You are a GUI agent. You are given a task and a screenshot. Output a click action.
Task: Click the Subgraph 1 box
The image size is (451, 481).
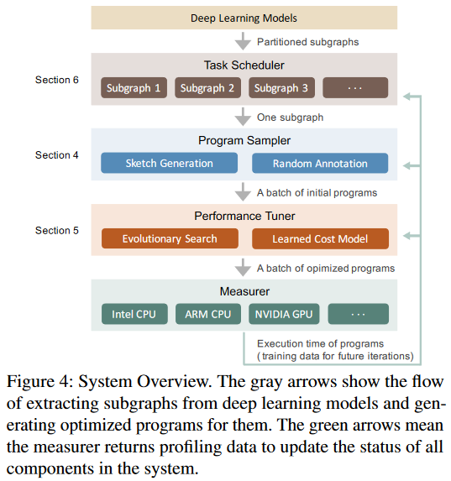click(x=134, y=88)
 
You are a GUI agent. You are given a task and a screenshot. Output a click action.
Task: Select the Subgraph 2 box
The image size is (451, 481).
click(x=207, y=88)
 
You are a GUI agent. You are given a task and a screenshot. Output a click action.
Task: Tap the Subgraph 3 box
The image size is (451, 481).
click(x=281, y=88)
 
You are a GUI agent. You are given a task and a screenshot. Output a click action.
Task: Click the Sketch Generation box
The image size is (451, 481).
click(x=169, y=163)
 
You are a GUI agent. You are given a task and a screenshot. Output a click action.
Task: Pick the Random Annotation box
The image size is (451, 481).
click(x=320, y=163)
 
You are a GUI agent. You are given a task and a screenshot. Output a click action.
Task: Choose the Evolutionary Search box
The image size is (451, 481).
click(x=170, y=238)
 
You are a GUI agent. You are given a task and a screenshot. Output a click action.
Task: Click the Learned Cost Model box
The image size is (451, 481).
click(x=320, y=238)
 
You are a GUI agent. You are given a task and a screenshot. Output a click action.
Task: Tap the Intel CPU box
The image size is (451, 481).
click(x=134, y=314)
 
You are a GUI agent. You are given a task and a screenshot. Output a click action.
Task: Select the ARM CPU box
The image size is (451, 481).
click(x=208, y=314)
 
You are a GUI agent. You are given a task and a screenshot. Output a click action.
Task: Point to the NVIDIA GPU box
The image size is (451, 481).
click(x=284, y=314)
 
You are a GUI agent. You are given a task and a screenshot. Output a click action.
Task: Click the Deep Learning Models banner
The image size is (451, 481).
click(x=244, y=18)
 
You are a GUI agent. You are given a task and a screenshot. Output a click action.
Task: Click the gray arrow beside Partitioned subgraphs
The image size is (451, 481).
click(x=244, y=41)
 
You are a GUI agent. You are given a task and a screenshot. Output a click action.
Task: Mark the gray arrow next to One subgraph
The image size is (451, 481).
click(x=244, y=116)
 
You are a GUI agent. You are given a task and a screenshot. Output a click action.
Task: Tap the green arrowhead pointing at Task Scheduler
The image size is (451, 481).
click(x=407, y=97)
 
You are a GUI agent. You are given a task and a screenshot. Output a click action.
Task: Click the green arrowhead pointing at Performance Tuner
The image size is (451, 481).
click(x=407, y=236)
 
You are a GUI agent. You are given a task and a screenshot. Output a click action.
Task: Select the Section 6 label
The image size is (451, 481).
click(x=57, y=80)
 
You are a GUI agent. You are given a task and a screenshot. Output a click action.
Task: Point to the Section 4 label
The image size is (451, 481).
click(x=57, y=155)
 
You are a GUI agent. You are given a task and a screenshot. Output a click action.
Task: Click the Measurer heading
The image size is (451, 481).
click(x=244, y=291)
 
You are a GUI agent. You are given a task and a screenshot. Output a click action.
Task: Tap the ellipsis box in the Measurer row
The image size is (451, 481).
click(x=359, y=314)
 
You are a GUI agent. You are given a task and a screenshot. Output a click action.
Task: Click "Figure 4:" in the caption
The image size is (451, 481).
click(x=40, y=382)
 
